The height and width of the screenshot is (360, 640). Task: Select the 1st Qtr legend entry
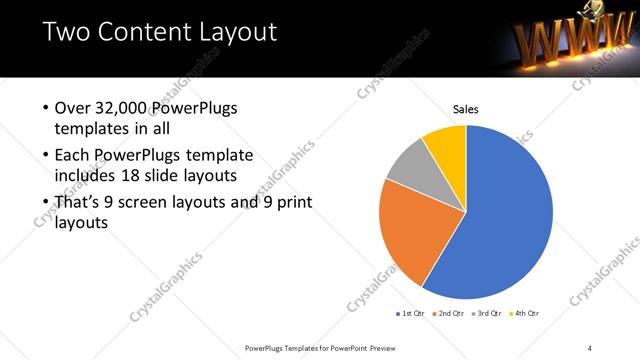click(x=412, y=314)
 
